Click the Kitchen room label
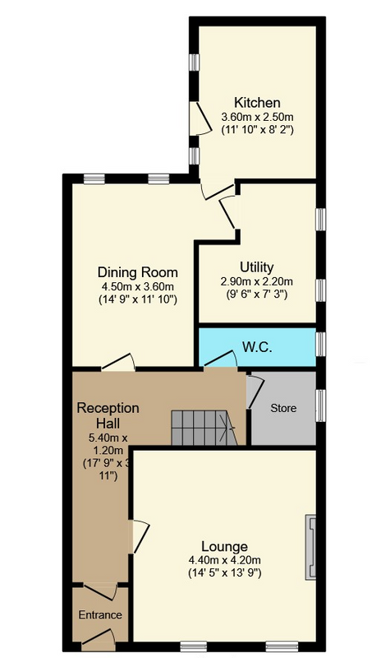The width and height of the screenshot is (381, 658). pyautogui.click(x=257, y=102)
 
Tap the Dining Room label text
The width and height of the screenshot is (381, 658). pyautogui.click(x=137, y=272)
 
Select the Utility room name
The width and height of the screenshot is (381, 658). pyautogui.click(x=256, y=267)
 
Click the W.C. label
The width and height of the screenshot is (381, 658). pyautogui.click(x=257, y=347)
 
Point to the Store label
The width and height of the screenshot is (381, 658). pyautogui.click(x=283, y=408)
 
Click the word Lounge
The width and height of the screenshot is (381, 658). pyautogui.click(x=224, y=546)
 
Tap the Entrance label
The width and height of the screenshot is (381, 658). pyautogui.click(x=100, y=614)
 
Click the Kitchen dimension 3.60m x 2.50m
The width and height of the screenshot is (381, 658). pyautogui.click(x=257, y=116)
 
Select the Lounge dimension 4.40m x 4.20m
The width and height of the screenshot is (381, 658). pyautogui.click(x=224, y=560)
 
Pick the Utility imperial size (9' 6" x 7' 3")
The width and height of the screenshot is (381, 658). pyautogui.click(x=256, y=294)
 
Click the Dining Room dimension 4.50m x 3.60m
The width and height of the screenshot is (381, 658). pyautogui.click(x=137, y=287)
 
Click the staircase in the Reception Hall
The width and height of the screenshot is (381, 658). pyautogui.click(x=204, y=428)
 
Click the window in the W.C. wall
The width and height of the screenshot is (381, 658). pyautogui.click(x=320, y=344)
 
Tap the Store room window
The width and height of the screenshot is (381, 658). pyautogui.click(x=320, y=405)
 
